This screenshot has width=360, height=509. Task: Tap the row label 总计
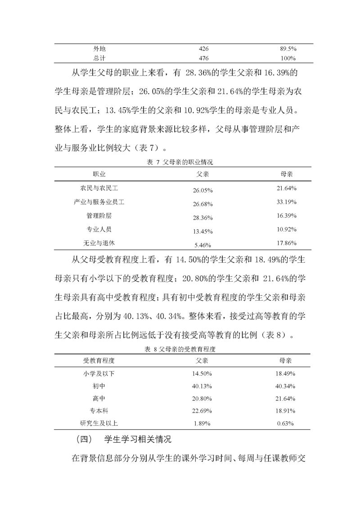click(99, 58)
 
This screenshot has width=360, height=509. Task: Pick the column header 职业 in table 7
click(99, 173)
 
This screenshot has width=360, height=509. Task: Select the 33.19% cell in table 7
click(286, 202)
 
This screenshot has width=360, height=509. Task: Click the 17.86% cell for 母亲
click(286, 243)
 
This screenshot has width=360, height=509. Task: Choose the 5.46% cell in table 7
click(202, 246)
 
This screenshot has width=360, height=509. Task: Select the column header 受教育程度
click(99, 360)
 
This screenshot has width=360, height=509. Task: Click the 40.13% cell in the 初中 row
click(202, 386)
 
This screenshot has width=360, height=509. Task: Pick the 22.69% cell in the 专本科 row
click(202, 411)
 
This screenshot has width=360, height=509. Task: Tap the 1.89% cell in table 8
click(202, 423)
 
